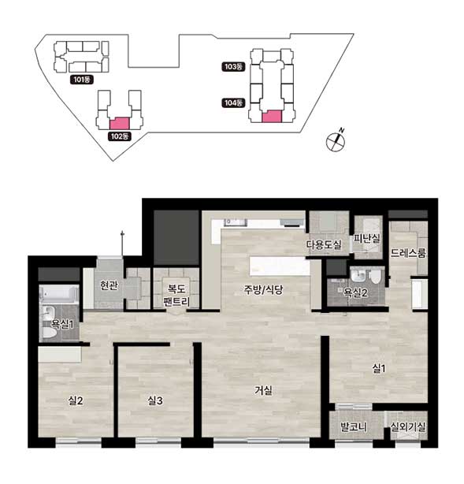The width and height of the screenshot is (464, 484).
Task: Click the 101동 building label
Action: coord(82,80)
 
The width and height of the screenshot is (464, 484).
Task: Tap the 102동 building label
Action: coord(120,136)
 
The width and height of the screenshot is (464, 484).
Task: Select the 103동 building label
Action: coord(233,67)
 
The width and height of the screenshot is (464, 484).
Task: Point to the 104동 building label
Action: coord(233,102)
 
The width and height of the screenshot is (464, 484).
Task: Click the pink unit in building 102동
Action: coord(120,123)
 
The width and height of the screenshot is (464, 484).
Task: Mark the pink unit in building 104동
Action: coord(272,117)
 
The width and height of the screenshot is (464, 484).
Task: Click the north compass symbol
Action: coord(336,140)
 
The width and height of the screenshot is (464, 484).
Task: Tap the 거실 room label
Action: coord(263,390)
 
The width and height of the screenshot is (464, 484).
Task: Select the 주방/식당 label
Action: coord(263,289)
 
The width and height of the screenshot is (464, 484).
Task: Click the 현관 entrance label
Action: coord(109,285)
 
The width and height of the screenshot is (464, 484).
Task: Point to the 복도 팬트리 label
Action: coord(176,295)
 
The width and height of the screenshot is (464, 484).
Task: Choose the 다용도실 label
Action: coord(324,245)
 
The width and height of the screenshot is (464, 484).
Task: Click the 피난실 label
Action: coord(367,238)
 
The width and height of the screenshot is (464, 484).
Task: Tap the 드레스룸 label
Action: coord(408,253)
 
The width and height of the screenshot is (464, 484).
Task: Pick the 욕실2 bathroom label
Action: coord(356,292)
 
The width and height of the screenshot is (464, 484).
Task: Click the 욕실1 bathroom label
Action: coord(62,324)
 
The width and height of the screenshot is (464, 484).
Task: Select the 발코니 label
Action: coord(354,427)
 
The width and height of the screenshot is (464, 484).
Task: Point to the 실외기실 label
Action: coord(408,427)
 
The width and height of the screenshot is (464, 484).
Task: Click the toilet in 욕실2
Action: coord(376,277)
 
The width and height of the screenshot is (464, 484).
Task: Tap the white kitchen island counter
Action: coord(280,266)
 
